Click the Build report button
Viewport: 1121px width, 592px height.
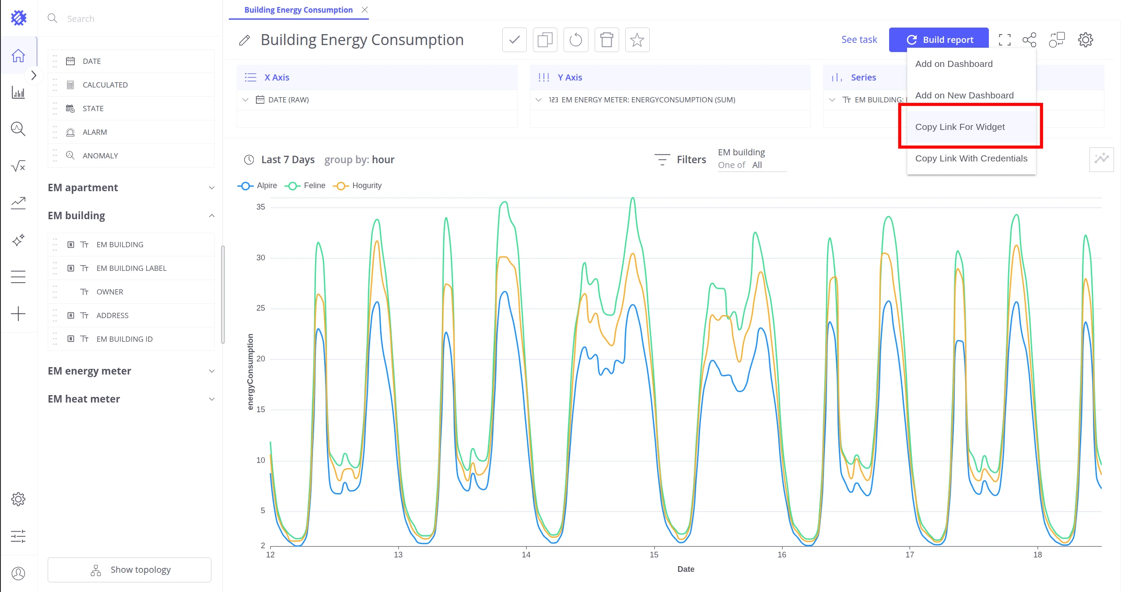[939, 40]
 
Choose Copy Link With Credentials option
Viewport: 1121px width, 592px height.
[971, 158]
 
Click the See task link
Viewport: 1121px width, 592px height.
[859, 40]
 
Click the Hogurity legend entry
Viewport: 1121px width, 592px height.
[357, 186]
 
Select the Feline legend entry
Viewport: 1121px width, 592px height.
[305, 186]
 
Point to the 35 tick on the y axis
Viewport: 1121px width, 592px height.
[261, 207]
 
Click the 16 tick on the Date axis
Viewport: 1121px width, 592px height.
[782, 555]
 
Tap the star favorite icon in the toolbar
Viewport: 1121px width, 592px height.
[637, 40]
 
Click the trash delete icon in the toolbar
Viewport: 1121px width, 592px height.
[606, 40]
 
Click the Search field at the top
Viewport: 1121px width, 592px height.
[131, 18]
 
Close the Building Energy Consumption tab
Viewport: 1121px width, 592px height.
[364, 10]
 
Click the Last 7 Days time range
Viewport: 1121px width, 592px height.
[287, 160]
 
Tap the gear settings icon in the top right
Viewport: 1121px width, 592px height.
[1085, 40]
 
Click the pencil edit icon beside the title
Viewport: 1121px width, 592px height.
[245, 40]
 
